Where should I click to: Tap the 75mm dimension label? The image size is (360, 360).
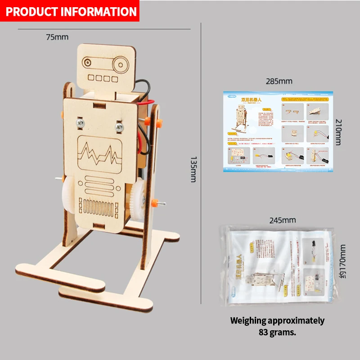[x=57, y=37]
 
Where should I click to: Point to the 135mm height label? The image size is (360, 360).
[x=193, y=169]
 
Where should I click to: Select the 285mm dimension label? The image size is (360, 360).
[x=279, y=81]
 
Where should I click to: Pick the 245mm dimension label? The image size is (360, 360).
[x=283, y=220]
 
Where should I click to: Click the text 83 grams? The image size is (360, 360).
[x=277, y=333]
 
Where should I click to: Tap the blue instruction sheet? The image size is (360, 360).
[x=279, y=130]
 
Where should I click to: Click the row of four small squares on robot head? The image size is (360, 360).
[x=100, y=77]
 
